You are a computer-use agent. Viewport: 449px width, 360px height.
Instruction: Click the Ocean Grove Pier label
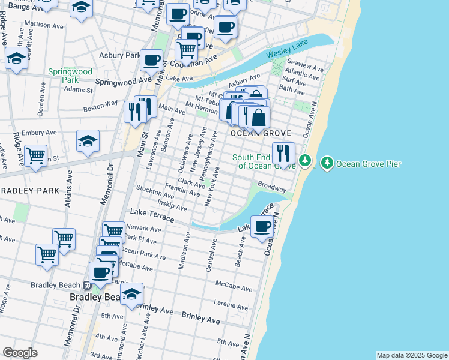[x=369, y=163]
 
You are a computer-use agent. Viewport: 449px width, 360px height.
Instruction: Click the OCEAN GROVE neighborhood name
[x=262, y=133]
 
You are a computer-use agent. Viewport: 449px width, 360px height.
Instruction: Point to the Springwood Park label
[x=70, y=76]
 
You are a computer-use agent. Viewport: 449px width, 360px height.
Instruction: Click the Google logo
[x=20, y=352]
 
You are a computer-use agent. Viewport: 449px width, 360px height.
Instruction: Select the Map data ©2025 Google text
[x=411, y=355]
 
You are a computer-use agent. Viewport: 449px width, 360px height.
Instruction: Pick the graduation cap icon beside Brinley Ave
[x=131, y=294]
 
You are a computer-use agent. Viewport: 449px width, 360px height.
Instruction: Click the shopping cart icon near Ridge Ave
[x=36, y=156]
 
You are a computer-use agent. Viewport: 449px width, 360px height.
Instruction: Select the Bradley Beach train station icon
[x=87, y=286]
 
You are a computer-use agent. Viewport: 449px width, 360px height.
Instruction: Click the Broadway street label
[x=272, y=187]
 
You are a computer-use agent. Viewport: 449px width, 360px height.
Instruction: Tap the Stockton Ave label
[x=155, y=191]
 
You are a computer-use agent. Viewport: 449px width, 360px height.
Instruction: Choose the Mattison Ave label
[x=43, y=25]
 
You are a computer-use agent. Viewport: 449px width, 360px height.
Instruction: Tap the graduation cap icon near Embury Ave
[x=88, y=141]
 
